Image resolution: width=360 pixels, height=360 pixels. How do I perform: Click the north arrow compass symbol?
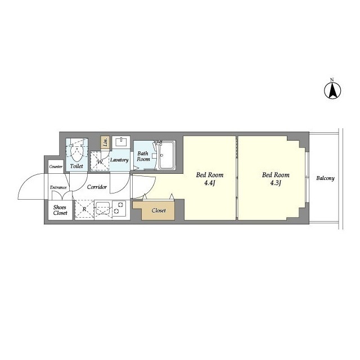pyautogui.click(x=332, y=89)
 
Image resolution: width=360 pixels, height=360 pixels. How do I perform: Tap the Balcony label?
pyautogui.click(x=325, y=178)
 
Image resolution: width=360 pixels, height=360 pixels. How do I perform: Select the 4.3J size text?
pyautogui.click(x=276, y=183)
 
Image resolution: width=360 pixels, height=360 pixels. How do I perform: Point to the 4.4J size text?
pyautogui.click(x=209, y=183)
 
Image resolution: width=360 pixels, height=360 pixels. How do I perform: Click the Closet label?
pyautogui.click(x=159, y=210)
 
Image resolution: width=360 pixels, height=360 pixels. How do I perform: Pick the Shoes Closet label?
pyautogui.click(x=60, y=210)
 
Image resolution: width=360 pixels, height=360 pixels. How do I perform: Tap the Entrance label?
pyautogui.click(x=58, y=187)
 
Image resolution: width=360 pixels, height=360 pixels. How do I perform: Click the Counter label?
pyautogui.click(x=56, y=166)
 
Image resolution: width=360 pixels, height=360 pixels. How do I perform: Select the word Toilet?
pyautogui.click(x=76, y=166)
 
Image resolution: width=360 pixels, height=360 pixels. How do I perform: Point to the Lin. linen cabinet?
pyautogui.click(x=105, y=142)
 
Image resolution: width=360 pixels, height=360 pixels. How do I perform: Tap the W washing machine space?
pyautogui.click(x=100, y=161)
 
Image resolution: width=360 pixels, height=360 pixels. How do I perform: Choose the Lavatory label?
pyautogui.click(x=119, y=160)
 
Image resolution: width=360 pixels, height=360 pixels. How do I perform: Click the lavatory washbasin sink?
pyautogui.click(x=121, y=142)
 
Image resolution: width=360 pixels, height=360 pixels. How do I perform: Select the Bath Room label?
pyautogui.click(x=143, y=156)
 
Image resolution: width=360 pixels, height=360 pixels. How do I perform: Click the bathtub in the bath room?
pyautogui.click(x=167, y=155)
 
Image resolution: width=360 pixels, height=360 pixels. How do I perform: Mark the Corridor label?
pyautogui.click(x=97, y=187)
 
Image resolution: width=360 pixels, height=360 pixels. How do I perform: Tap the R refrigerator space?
pyautogui.click(x=84, y=209)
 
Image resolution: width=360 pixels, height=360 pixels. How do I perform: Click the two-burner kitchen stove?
pyautogui.click(x=119, y=208)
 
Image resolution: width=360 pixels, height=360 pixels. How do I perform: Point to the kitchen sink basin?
pyautogui.click(x=103, y=208)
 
